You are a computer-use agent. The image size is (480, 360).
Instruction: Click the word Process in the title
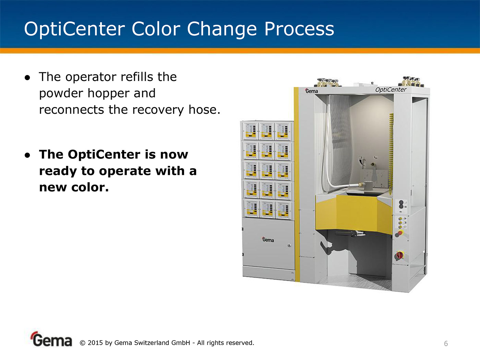pos(299,29)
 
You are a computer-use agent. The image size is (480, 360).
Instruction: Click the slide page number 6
pos(446,344)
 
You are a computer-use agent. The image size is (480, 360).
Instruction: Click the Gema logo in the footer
pos(52,339)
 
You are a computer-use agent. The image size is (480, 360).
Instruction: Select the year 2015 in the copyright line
pos(95,343)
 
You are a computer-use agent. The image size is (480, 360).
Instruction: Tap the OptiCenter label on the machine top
pos(391,89)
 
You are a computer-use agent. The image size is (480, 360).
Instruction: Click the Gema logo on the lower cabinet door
pos(268,240)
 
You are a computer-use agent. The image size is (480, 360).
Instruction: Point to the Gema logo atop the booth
pos(311,91)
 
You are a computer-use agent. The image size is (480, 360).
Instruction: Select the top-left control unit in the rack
pos(251,131)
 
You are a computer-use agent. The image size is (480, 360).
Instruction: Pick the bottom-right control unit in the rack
pos(283,210)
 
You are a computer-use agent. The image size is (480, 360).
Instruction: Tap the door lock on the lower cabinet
pos(289,245)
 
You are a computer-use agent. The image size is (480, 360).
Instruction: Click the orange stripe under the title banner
pos(240,51)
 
